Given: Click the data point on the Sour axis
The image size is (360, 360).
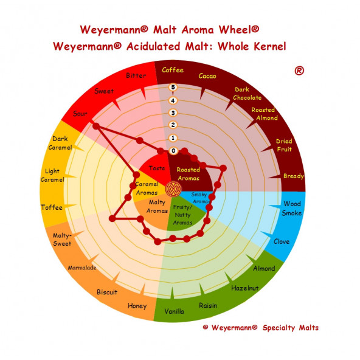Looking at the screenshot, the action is coord(96,126).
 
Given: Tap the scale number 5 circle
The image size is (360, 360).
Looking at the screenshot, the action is coord(173,87).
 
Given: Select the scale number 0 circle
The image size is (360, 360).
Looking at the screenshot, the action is coord(173,151).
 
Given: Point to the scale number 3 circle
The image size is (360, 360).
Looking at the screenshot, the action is coord(173,113).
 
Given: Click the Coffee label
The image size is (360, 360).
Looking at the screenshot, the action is coord(173,70).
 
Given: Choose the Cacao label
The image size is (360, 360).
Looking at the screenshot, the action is coord(207,76).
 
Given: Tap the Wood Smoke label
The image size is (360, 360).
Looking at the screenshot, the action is coord(292,208).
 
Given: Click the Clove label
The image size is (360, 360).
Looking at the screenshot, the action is coord(282,241).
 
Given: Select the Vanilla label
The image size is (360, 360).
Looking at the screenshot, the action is coord(175,311).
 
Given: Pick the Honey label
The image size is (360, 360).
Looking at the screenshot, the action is coord(137,306).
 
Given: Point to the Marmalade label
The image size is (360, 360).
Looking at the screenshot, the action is coord(82,268).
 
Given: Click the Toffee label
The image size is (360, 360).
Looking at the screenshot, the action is coord(52,207).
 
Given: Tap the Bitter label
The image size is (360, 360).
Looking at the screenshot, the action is coord(136,75).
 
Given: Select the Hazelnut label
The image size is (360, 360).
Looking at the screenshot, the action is coord(244,288).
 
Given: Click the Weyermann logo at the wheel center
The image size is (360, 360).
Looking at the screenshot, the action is coord(173,189).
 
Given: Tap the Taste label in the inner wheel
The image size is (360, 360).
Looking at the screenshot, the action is coord(157,168).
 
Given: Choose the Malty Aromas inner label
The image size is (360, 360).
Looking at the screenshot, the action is coord(157,206).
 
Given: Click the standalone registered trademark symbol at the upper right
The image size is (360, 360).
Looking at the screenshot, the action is coord(299,71).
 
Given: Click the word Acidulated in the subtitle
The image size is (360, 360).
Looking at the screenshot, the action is coord(153,46).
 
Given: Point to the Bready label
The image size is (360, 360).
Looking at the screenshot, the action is coord(294,176).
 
